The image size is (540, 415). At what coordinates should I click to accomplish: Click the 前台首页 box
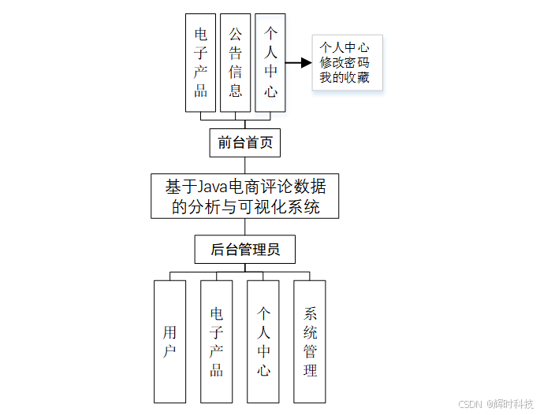click(x=244, y=143)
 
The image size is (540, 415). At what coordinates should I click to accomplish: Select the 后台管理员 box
click(x=245, y=250)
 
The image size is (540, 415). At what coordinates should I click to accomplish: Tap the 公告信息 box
click(x=236, y=62)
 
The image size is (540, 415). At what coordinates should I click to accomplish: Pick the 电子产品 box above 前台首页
click(x=201, y=62)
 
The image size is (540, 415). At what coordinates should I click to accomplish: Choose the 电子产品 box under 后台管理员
click(x=216, y=341)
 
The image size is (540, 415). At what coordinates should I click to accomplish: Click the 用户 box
click(x=169, y=341)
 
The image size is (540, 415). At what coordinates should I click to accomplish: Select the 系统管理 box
click(x=310, y=341)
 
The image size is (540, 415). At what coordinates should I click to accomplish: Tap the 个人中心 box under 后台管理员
click(x=263, y=341)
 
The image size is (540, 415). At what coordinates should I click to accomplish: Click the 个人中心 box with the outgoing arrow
click(x=270, y=62)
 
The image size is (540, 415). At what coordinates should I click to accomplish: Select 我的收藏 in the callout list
click(x=344, y=78)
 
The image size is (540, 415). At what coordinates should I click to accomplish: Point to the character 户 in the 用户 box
click(x=169, y=352)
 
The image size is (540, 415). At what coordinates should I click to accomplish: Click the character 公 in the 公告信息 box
click(x=236, y=35)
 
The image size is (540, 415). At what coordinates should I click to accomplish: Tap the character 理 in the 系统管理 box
click(x=310, y=370)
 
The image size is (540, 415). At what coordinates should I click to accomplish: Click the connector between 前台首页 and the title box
click(x=244, y=164)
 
